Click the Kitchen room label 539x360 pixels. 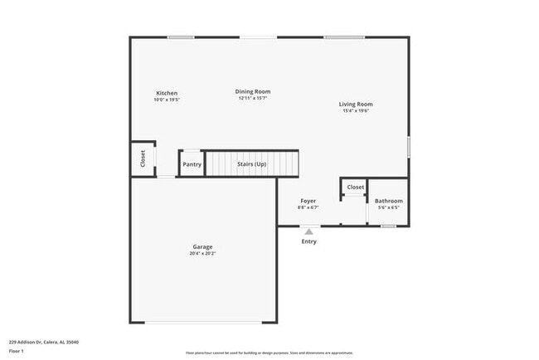coord(167,93)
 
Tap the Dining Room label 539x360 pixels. coord(253,91)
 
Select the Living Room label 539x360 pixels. coord(356,104)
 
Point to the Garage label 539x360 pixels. coord(203,246)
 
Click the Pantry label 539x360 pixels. coord(192,164)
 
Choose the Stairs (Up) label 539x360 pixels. coord(251,164)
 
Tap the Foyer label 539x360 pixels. coord(308,201)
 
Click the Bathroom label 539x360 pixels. coord(389,201)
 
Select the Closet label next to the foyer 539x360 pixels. coord(355,187)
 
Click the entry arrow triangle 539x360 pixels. coord(309,232)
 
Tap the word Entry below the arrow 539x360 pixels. coord(308,241)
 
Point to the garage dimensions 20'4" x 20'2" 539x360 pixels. coord(203,254)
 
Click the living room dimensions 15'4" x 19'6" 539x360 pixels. coord(356,111)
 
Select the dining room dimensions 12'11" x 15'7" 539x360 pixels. coord(253,99)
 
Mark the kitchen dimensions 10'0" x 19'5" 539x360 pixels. coord(167,100)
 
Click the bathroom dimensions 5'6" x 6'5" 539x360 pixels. coord(389,208)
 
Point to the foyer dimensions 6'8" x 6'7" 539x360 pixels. coord(308,208)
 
